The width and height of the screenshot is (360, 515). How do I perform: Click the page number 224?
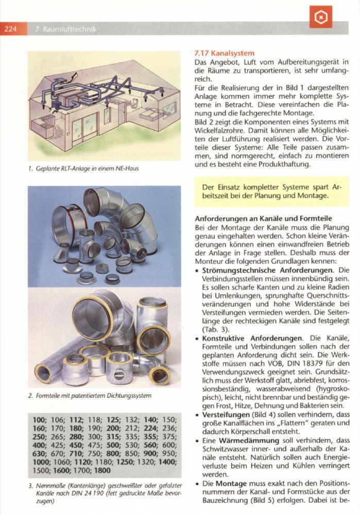click(x=12, y=29)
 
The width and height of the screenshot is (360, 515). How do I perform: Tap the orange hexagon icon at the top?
click(x=321, y=19)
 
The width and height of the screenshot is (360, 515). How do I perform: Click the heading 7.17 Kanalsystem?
click(x=225, y=53)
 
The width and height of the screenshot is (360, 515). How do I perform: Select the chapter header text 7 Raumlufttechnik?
click(x=65, y=29)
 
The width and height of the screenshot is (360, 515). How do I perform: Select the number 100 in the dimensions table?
click(x=39, y=420)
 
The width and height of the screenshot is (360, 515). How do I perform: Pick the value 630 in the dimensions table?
click(x=39, y=453)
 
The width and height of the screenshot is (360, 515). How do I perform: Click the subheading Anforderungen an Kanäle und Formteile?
click(x=263, y=219)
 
